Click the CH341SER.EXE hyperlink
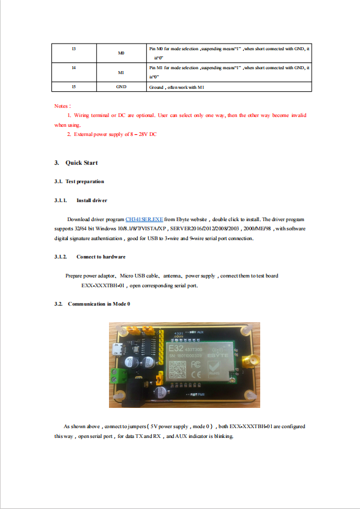click(x=144, y=219)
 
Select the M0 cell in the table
click(x=121, y=53)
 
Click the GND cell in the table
click(x=121, y=87)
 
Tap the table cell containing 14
click(x=74, y=72)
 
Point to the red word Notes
click(x=61, y=106)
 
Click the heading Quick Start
click(x=81, y=163)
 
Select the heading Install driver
click(x=92, y=200)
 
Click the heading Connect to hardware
click(x=101, y=257)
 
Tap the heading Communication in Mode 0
click(x=99, y=304)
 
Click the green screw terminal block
click(x=118, y=375)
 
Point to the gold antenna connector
click(x=249, y=361)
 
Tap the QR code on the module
click(x=178, y=370)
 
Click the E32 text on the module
click(x=176, y=349)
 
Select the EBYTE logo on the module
click(x=218, y=355)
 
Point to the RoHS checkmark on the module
click(x=214, y=369)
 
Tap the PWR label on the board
click(x=201, y=394)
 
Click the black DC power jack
click(x=132, y=394)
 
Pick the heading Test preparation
click(x=84, y=181)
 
